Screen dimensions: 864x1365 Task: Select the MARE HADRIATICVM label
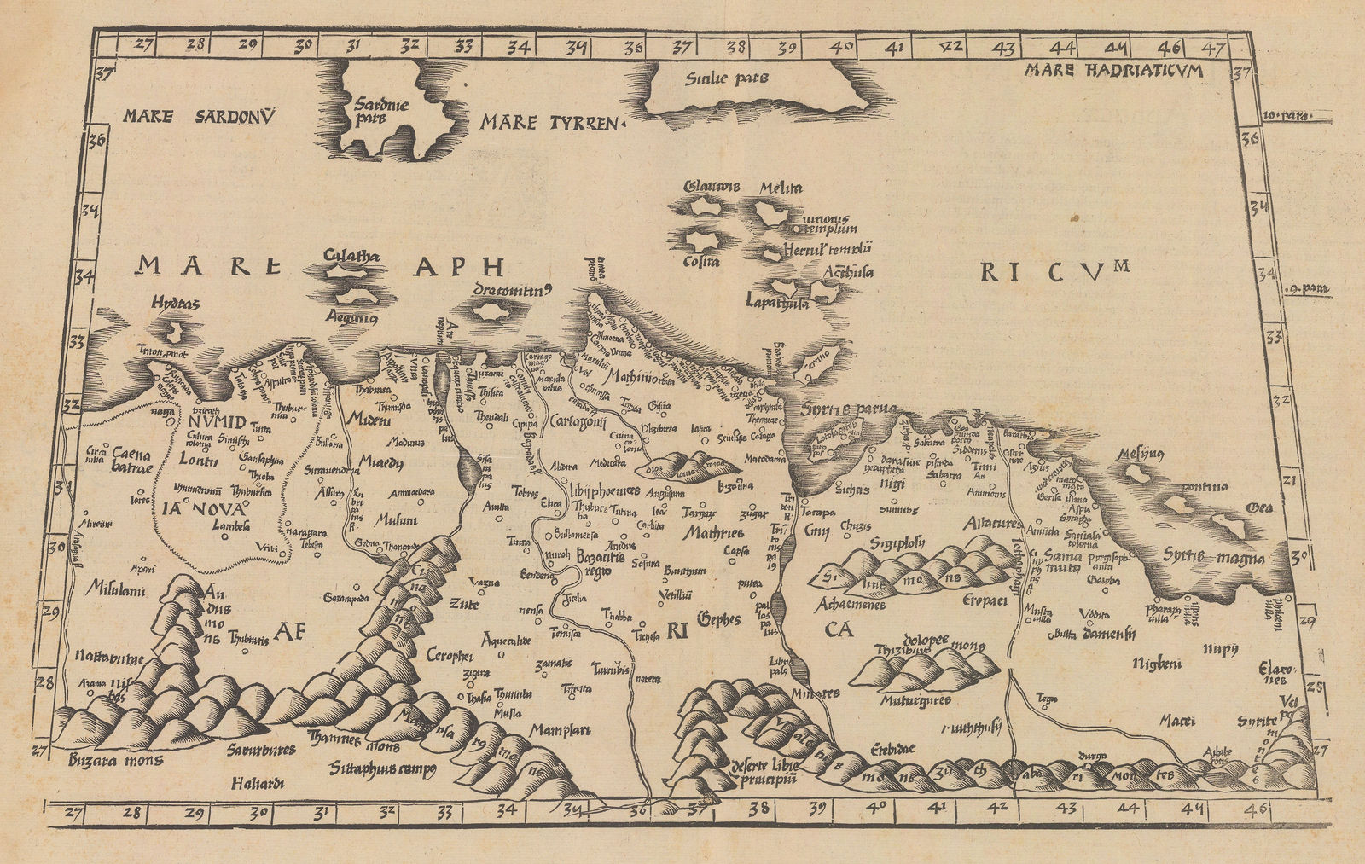(1114, 71)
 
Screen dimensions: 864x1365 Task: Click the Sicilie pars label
(727, 78)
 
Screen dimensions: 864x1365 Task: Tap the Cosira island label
(701, 262)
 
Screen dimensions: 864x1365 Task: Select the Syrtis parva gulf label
(848, 409)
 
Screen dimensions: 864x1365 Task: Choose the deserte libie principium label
(764, 770)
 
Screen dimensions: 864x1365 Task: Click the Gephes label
(718, 619)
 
